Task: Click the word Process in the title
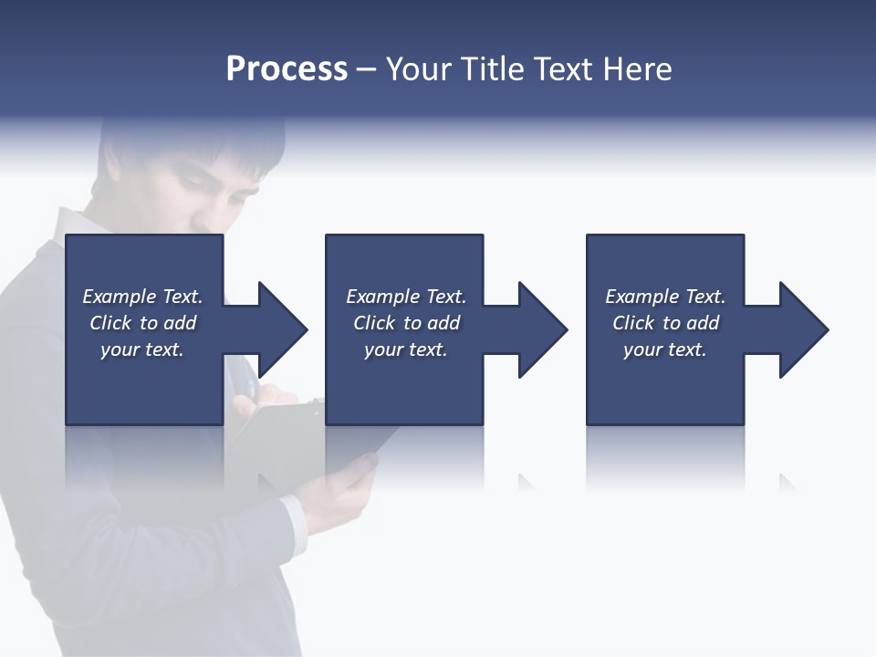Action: [x=287, y=69]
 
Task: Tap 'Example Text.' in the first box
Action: [x=142, y=297]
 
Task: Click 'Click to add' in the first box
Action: [x=143, y=323]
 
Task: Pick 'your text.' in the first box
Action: [x=142, y=349]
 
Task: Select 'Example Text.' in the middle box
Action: [x=406, y=297]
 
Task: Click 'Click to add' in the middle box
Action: [x=407, y=323]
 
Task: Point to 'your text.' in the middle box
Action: [x=406, y=349]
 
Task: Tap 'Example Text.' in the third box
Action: [x=665, y=297]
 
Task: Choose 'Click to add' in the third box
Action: [x=666, y=323]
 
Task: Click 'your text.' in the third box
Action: [x=665, y=349]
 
